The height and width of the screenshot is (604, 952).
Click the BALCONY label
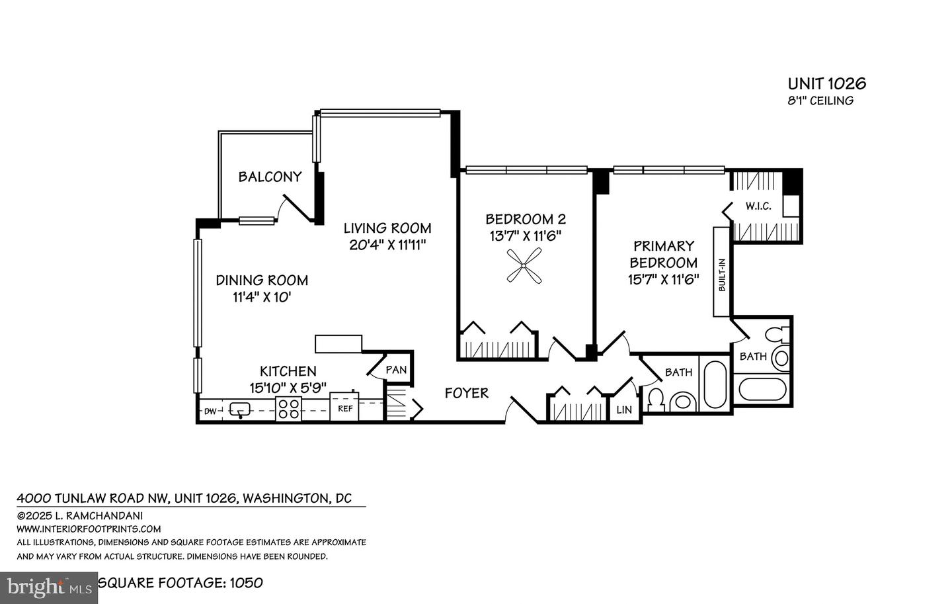click(x=270, y=177)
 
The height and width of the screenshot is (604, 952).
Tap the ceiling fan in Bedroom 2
click(x=524, y=266)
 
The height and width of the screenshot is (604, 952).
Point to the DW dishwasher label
click(x=211, y=411)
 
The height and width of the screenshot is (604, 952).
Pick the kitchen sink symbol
click(x=240, y=410)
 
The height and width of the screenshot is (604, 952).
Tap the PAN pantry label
click(x=396, y=370)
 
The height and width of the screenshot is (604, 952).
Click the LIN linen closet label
click(x=624, y=410)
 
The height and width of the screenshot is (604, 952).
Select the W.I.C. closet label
click(x=758, y=206)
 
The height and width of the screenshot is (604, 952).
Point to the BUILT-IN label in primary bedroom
click(x=722, y=275)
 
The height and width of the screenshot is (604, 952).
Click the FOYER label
click(x=467, y=392)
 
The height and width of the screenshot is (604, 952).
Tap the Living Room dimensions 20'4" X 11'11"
click(x=387, y=245)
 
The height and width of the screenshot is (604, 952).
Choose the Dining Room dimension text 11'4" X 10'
click(x=262, y=297)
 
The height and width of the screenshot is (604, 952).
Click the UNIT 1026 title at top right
click(x=827, y=84)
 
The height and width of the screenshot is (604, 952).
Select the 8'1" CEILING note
click(x=820, y=101)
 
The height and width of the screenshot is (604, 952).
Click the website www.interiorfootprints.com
click(x=89, y=529)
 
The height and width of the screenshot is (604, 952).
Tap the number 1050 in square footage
click(x=246, y=583)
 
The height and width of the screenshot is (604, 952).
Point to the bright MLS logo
click(x=49, y=588)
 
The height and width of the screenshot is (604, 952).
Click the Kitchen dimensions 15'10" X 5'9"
click(x=288, y=388)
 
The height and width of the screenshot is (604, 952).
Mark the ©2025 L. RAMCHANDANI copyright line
click(x=79, y=516)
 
